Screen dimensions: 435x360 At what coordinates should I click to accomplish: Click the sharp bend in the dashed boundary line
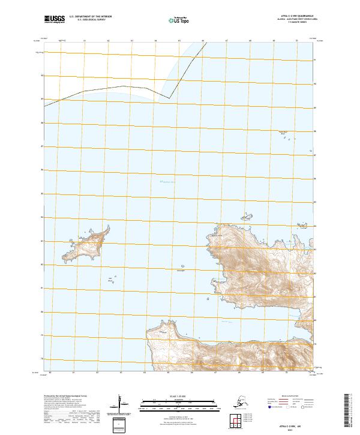[170, 98]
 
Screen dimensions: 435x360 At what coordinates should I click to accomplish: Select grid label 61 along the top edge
[85, 41]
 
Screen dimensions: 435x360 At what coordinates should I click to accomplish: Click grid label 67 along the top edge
[226, 41]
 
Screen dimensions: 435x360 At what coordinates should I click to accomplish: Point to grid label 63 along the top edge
[132, 41]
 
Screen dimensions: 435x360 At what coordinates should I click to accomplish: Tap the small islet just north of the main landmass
[245, 217]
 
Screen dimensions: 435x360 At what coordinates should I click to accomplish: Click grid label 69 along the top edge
[274, 41]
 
